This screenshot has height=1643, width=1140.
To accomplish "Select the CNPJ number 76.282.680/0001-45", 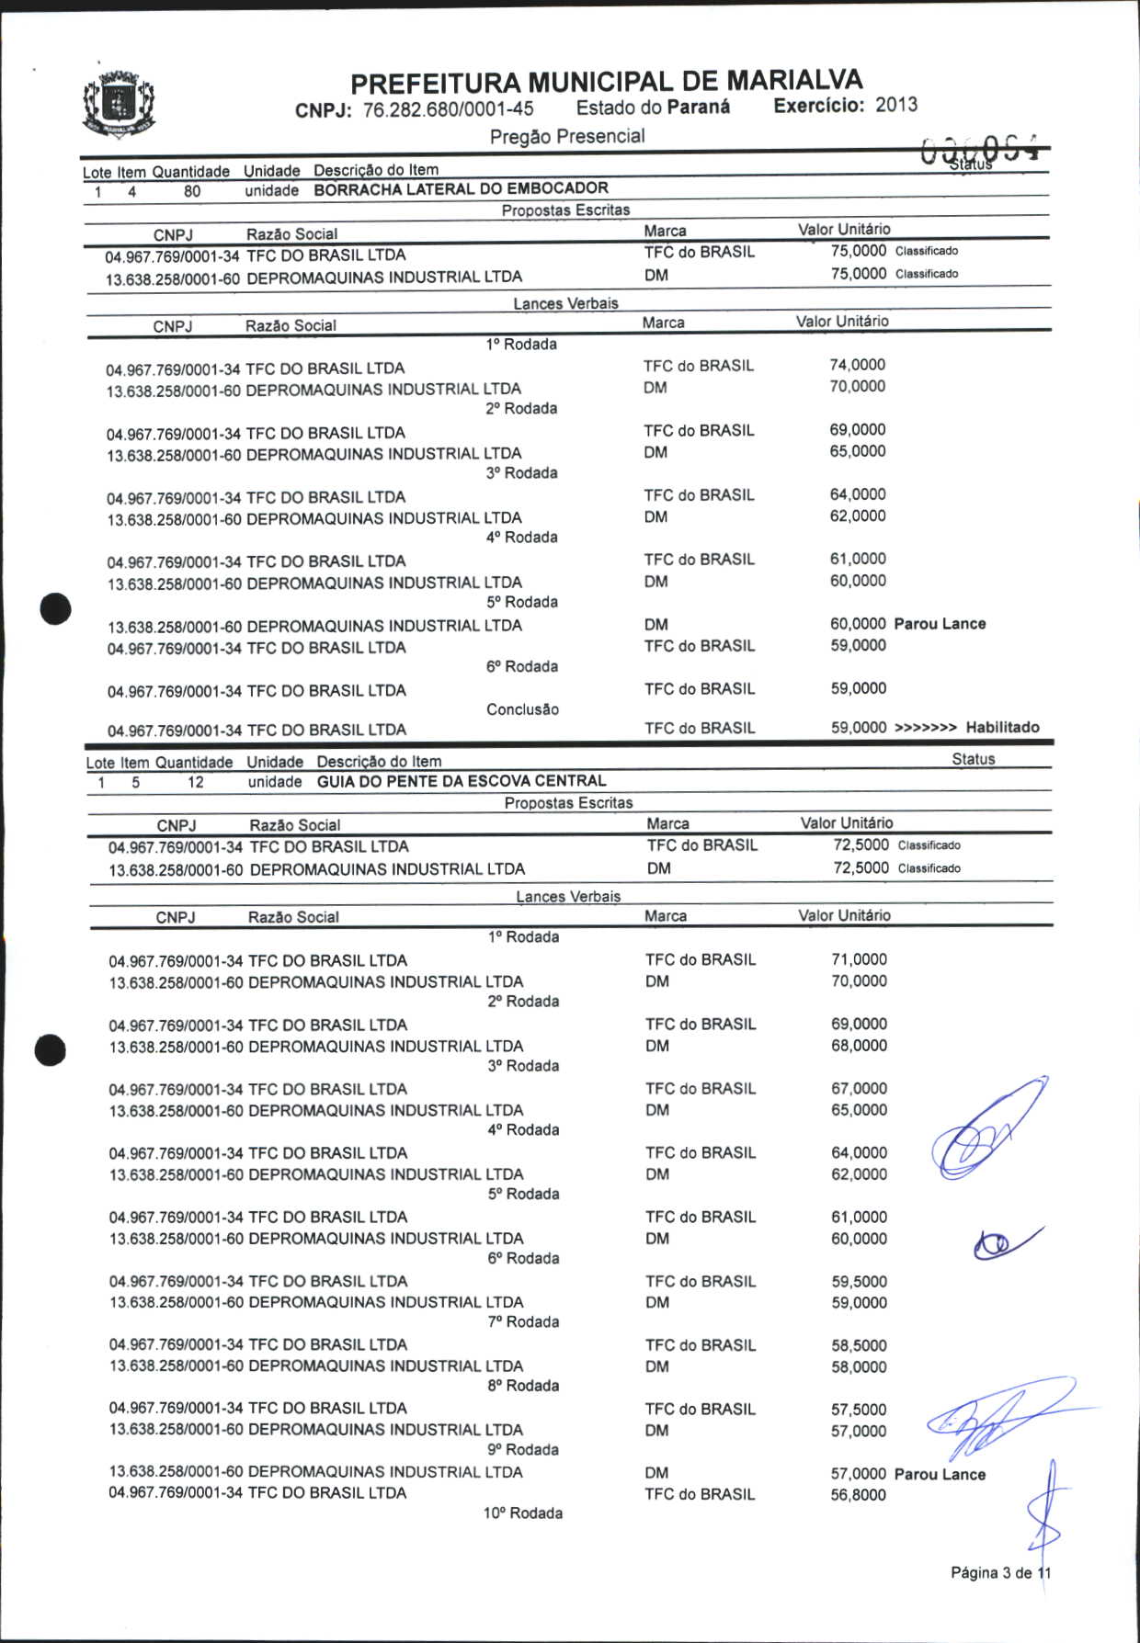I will (449, 109).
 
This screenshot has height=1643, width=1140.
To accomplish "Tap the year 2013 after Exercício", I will (896, 105).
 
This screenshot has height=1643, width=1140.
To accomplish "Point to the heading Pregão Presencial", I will (567, 137).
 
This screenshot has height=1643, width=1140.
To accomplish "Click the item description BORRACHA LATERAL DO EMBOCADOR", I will (461, 189).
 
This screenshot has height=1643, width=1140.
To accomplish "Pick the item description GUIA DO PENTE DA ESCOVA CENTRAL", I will (462, 781).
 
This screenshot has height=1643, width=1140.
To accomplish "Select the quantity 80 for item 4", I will (192, 192).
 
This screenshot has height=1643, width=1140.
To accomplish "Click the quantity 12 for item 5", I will (196, 783).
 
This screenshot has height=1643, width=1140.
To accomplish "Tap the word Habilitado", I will (1002, 727).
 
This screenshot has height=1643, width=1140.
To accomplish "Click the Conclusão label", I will (522, 709).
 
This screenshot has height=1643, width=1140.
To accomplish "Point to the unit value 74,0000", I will (858, 365).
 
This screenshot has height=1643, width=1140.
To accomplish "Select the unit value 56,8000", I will (859, 1494).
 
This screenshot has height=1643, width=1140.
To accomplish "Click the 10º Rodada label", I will (523, 1513).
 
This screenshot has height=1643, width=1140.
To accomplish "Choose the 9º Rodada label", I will (523, 1449).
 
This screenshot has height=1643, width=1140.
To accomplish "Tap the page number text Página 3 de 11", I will (1000, 1572).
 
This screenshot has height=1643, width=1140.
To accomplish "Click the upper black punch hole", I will (56, 609).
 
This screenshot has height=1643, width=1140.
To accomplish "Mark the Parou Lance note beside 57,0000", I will (940, 1474).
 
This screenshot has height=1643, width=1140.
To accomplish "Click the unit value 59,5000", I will (859, 1281).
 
